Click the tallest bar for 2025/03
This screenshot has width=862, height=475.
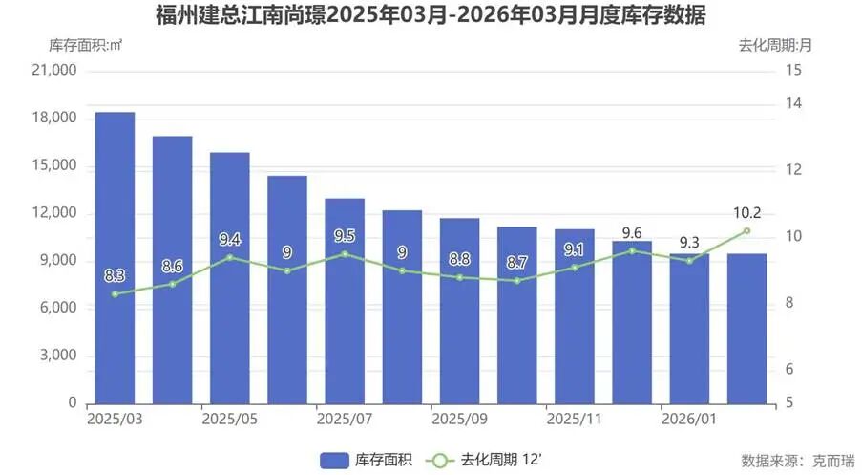tap(115, 258)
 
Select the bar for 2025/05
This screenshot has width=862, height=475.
tap(230, 278)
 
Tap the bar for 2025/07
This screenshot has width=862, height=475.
tap(345, 301)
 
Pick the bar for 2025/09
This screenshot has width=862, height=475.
tap(459, 311)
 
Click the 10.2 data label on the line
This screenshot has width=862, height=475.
tap(747, 213)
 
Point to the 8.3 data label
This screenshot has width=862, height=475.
tap(115, 276)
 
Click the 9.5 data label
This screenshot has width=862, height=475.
tap(345, 236)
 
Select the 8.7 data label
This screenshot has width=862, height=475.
tap(517, 262)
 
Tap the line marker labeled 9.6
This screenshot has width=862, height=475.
tap(632, 250)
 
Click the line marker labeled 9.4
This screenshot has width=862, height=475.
tap(230, 257)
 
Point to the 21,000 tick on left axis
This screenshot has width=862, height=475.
tap(53, 71)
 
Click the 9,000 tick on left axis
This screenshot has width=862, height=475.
tap(57, 261)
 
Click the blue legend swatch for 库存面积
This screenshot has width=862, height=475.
tap(335, 460)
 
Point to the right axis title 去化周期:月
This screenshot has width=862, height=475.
tap(775, 44)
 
